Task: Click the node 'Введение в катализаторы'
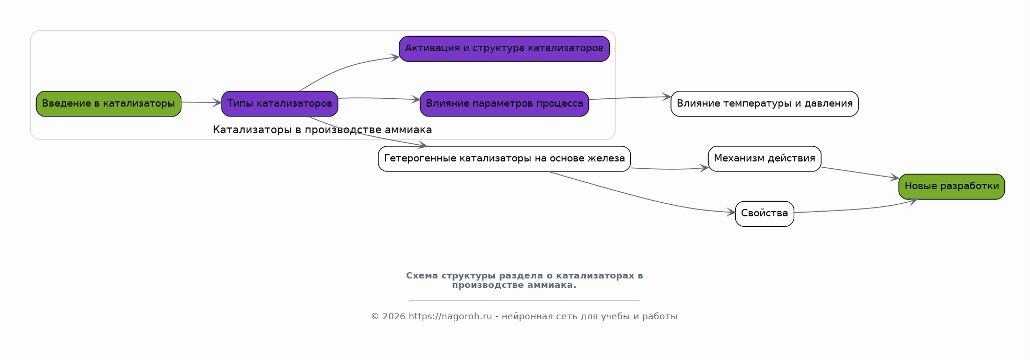[x=109, y=103]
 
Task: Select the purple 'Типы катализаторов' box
[x=280, y=103]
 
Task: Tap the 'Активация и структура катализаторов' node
[x=504, y=49]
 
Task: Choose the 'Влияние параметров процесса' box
[x=504, y=103]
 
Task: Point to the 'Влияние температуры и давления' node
[x=765, y=103]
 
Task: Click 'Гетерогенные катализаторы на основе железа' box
[x=504, y=158]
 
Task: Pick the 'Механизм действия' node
[x=765, y=158]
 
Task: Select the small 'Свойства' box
[x=765, y=213]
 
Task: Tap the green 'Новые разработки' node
[x=952, y=186]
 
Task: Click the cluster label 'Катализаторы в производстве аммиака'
[x=322, y=130]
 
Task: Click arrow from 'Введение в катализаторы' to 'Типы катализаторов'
[x=201, y=102]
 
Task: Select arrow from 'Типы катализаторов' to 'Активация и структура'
[x=345, y=67]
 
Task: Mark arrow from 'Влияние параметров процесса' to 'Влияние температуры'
[x=630, y=98]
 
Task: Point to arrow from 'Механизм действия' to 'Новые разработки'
[x=860, y=173]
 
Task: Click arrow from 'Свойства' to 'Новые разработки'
[x=857, y=210]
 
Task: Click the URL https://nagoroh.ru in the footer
[x=450, y=317]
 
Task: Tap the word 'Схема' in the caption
[x=422, y=276]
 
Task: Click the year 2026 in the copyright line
[x=394, y=317]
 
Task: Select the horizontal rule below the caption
[x=524, y=300]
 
